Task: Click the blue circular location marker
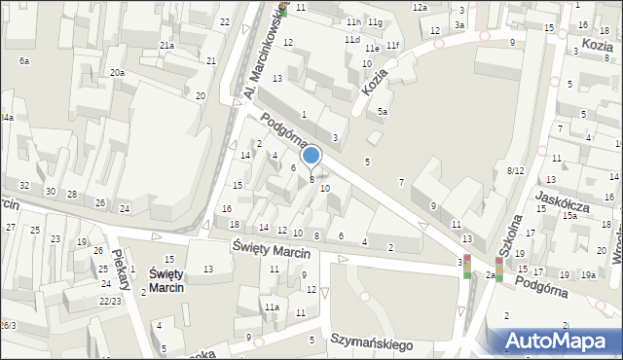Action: pos(311,155)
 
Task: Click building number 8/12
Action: pos(516,170)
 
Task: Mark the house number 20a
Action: pos(117,73)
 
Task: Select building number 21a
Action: pos(167,46)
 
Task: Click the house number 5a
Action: pos(383,112)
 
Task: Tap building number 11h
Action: pos(352,21)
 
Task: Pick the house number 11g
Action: pos(375,21)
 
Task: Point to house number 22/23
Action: pos(110,301)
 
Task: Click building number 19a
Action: pos(588,275)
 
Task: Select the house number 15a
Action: pos(569,216)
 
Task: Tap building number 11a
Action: pos(273,307)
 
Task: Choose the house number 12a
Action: pos(420,8)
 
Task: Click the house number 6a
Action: pos(23,61)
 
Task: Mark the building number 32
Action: pos(24,185)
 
